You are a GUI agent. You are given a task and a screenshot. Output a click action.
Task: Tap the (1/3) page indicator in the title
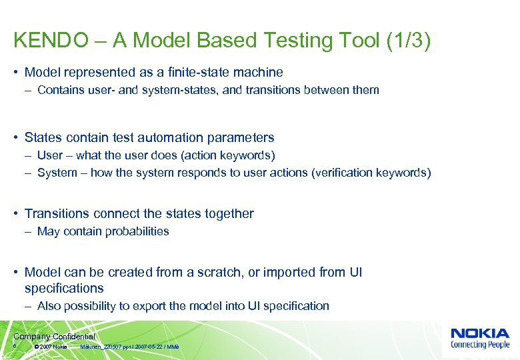[x=408, y=41]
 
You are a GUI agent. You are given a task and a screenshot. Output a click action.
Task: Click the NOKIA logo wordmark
[x=479, y=333]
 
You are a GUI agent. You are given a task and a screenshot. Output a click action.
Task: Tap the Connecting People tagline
[x=479, y=345]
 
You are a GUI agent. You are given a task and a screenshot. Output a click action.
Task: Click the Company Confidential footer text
[x=54, y=337]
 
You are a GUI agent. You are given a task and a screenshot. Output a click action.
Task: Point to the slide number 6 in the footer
[x=15, y=346]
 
